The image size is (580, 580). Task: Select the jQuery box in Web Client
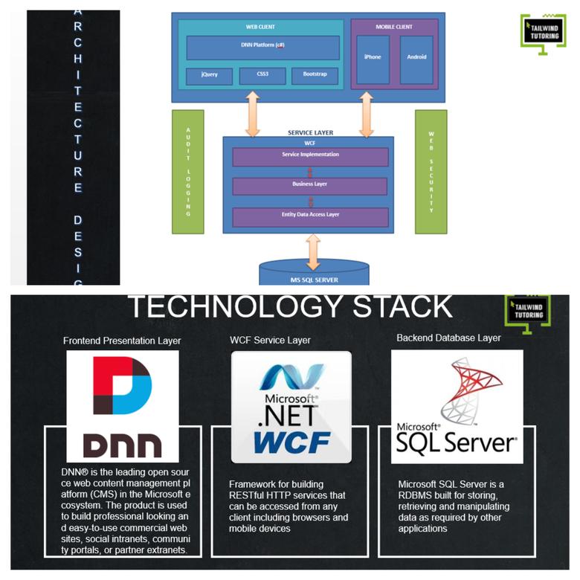coord(209,76)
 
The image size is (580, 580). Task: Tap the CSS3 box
coord(257,76)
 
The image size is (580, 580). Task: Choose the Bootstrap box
coord(315,76)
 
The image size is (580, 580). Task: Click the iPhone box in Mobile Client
coord(373,58)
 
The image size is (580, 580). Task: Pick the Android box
coord(416,58)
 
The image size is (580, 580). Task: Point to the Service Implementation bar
coord(310,156)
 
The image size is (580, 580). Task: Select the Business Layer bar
coord(310,185)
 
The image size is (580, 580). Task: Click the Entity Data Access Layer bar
coord(310,216)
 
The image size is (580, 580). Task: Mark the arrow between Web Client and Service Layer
coord(253,115)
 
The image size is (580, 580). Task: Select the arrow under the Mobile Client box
coord(365,115)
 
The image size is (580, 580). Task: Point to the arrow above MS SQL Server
coord(314,251)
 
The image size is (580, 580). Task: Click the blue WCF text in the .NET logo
coord(291,441)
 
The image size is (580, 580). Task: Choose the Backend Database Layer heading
coord(448,338)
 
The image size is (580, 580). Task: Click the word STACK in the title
coord(381,306)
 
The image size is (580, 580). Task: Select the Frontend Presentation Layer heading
coord(122,341)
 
